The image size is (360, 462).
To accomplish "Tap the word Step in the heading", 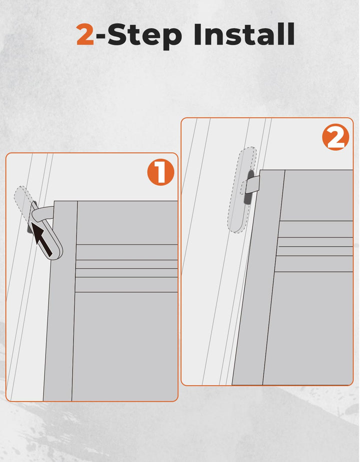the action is click(x=144, y=35).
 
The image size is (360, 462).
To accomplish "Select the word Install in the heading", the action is click(x=244, y=33).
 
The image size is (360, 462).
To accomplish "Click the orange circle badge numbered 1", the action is click(x=161, y=172).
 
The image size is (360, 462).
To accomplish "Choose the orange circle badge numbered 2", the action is click(x=335, y=137).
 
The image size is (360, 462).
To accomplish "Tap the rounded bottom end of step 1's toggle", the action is click(x=55, y=254).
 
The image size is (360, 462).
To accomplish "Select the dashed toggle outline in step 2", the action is click(x=241, y=190).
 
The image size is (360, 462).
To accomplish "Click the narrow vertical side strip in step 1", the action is click(x=60, y=300).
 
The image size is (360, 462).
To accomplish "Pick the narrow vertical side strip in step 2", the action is click(x=258, y=277).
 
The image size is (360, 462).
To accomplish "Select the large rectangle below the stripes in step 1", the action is click(x=125, y=346).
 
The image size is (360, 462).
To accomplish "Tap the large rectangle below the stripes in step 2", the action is click(x=308, y=328).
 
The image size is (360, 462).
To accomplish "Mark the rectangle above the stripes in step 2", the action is click(x=316, y=195).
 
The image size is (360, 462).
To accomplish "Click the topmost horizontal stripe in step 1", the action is click(x=127, y=252).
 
